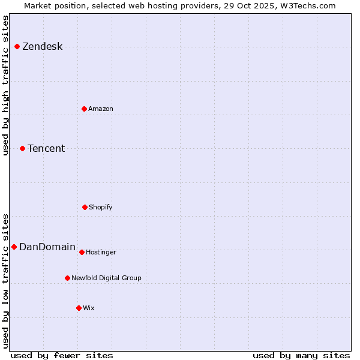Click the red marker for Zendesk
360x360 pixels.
click(17, 46)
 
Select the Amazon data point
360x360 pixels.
click(84, 109)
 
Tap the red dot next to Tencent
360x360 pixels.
click(22, 148)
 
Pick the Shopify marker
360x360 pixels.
click(85, 207)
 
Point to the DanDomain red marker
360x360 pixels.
click(14, 247)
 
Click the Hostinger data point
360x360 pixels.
click(82, 252)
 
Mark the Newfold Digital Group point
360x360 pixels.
click(67, 278)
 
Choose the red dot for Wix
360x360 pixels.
click(79, 308)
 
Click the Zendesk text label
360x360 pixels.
click(42, 47)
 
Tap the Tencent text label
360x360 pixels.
click(46, 149)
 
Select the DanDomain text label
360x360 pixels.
click(47, 247)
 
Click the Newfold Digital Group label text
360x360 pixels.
click(106, 278)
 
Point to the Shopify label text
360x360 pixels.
click(100, 208)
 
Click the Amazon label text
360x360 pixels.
click(100, 109)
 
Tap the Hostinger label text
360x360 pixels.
click(101, 253)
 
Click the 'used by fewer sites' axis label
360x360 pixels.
click(62, 355)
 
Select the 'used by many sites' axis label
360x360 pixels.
click(301, 355)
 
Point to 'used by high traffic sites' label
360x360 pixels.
click(6, 85)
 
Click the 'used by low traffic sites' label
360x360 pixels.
click(6, 280)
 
